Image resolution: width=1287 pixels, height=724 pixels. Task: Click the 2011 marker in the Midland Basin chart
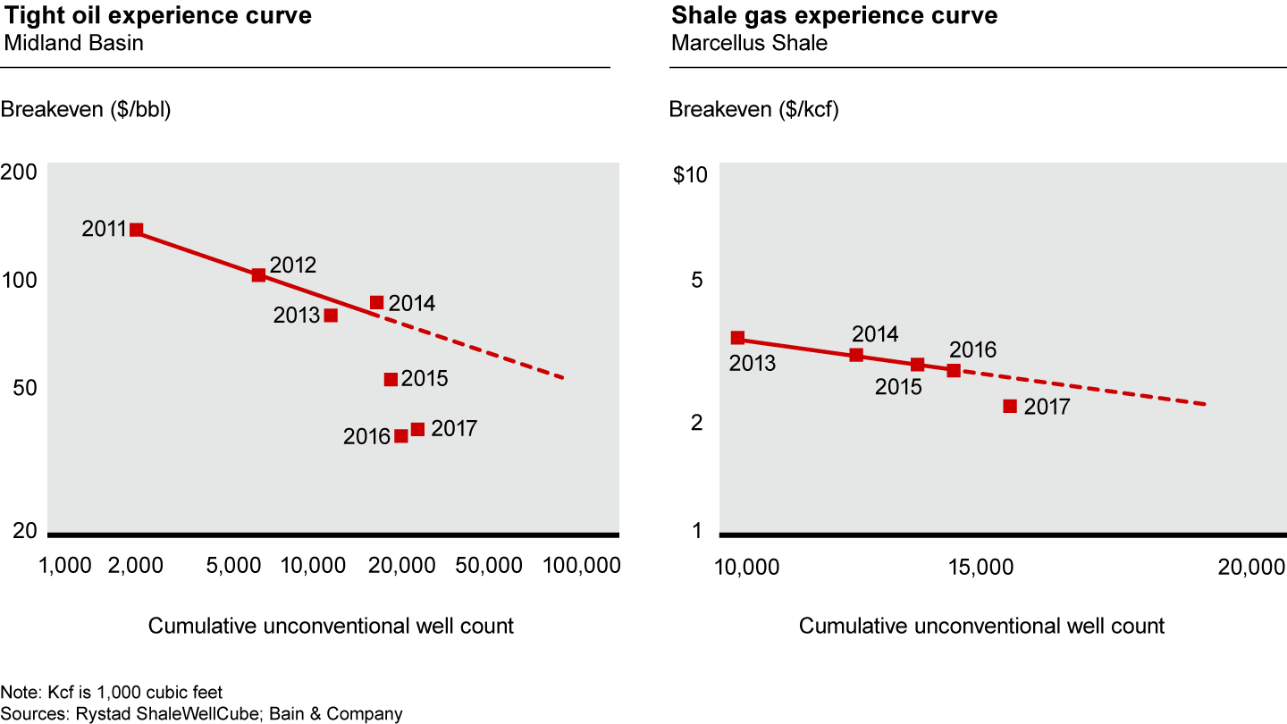pos(137,230)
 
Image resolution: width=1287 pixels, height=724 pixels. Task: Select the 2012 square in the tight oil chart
pos(258,275)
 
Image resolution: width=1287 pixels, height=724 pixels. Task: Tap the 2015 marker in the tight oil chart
pos(391,380)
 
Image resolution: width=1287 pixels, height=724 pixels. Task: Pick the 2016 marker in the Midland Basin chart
pos(401,436)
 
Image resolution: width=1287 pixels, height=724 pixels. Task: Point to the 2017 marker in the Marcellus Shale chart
pos(1010,407)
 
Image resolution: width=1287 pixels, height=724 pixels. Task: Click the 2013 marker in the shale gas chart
pos(737,338)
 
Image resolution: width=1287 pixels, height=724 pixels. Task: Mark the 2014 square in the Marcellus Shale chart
pos(856,355)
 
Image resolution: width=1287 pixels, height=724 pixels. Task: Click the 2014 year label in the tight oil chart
pos(412,304)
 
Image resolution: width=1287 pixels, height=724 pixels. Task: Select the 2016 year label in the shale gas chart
pos(972,349)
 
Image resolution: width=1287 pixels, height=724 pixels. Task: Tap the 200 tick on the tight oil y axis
pos(24,173)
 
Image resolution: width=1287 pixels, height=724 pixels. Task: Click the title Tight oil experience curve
pos(158,16)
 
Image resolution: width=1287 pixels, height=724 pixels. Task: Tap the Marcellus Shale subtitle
pos(748,43)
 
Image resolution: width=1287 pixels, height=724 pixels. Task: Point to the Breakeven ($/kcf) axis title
pos(753,110)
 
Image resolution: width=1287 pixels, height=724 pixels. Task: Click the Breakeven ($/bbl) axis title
pos(86,110)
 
